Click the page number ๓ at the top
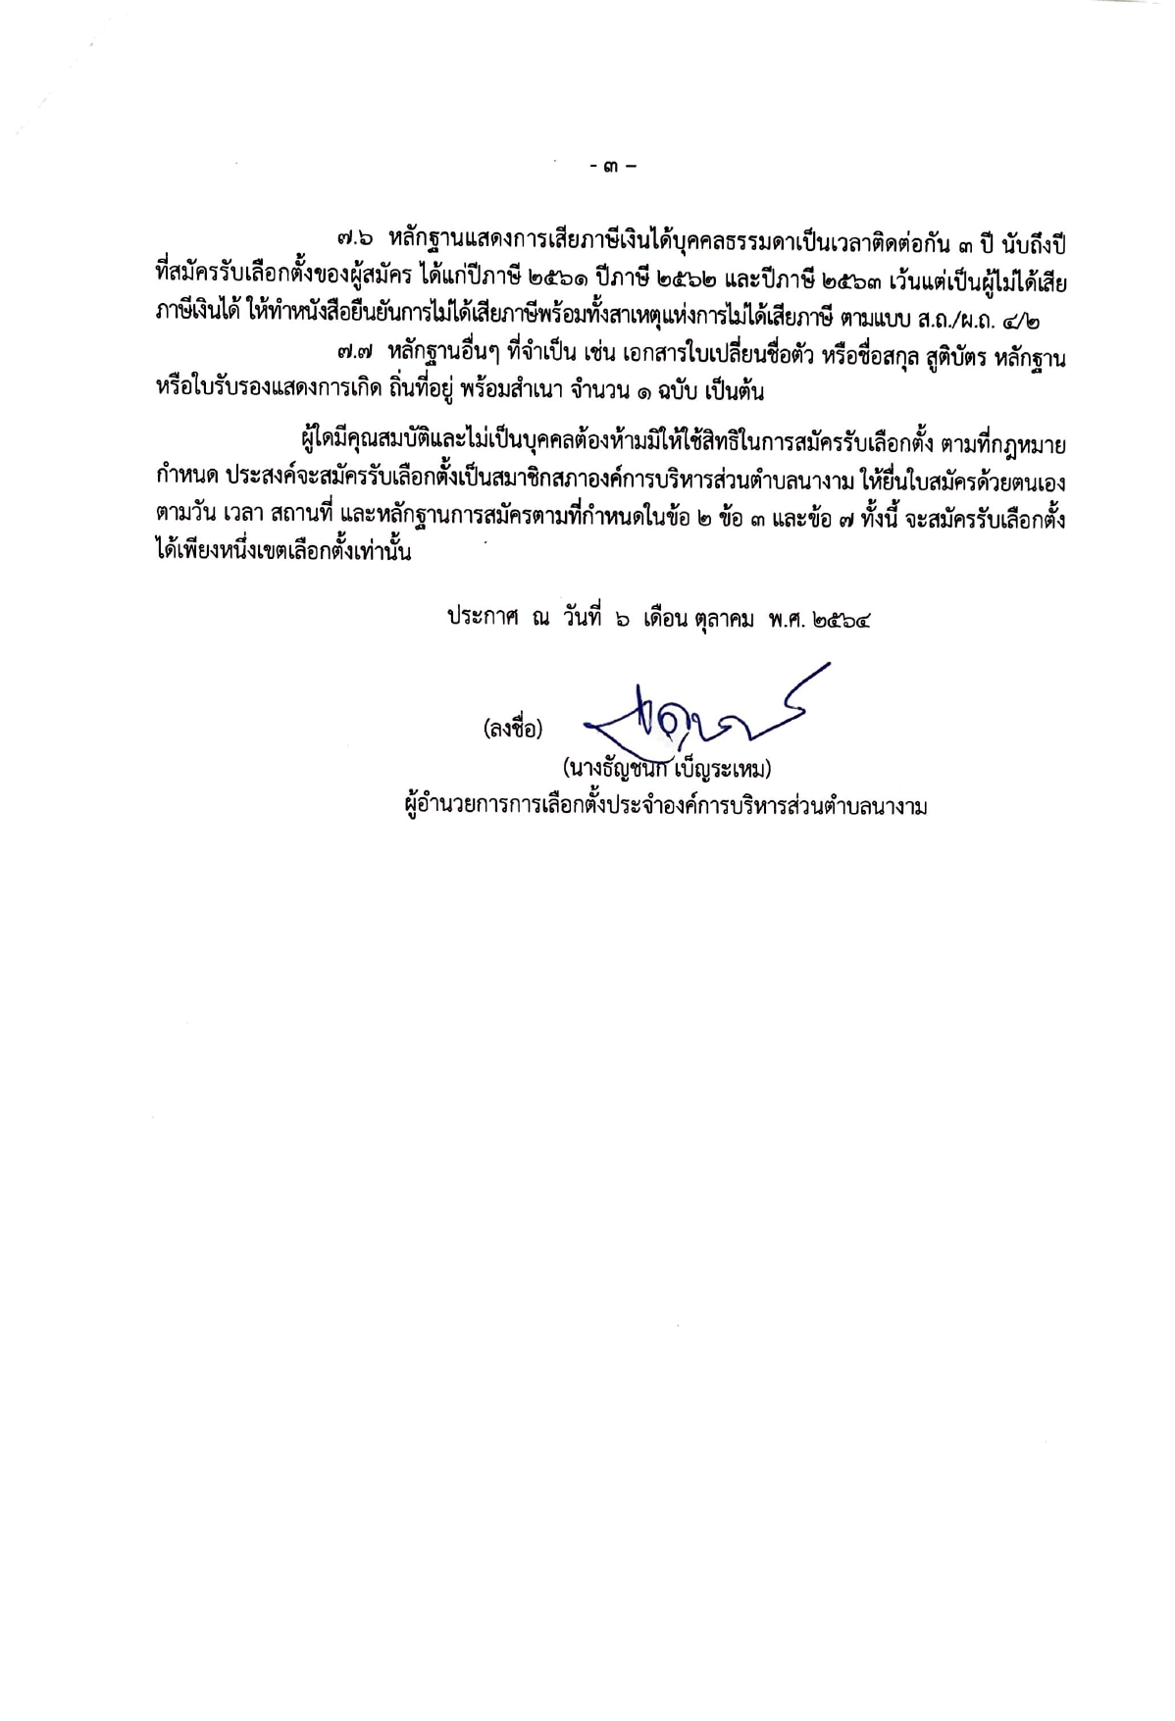[x=613, y=166]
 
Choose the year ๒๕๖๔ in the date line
[x=842, y=620]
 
